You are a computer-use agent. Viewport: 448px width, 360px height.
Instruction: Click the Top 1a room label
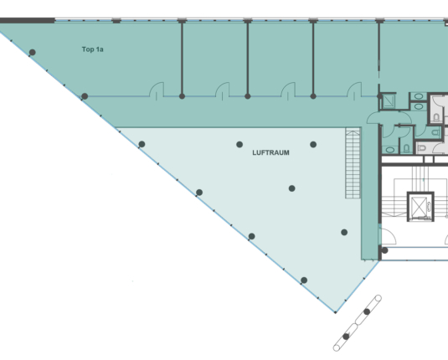point(93,49)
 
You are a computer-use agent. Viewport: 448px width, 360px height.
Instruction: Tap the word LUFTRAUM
point(270,153)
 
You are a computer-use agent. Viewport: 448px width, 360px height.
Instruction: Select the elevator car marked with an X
point(420,207)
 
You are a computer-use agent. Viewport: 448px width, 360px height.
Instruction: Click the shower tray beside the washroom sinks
point(388,101)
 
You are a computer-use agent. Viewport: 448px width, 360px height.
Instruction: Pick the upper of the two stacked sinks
point(419,96)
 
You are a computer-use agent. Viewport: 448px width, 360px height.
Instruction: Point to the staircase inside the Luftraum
point(353,163)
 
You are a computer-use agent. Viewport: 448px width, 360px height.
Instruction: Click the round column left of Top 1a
point(33,52)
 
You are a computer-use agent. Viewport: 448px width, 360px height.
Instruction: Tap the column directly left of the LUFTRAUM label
point(239,145)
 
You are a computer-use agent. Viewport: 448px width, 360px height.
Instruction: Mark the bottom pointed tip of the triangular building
point(336,312)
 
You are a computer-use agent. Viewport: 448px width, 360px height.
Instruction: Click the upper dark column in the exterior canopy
point(367,311)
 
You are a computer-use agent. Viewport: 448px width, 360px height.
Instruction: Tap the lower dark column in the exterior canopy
point(346,337)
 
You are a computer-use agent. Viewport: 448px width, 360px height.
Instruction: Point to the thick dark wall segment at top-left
point(28,21)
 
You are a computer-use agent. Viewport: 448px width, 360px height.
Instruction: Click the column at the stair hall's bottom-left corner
point(384,250)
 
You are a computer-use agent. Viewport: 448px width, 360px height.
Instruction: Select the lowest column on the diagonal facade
point(304,280)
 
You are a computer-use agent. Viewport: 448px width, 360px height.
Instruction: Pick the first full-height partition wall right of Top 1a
point(182,59)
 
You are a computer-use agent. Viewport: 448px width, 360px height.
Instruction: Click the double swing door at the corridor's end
point(385,118)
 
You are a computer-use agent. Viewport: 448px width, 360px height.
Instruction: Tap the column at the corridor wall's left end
point(85,96)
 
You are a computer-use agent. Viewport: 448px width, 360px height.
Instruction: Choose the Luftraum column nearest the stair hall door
point(344,232)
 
